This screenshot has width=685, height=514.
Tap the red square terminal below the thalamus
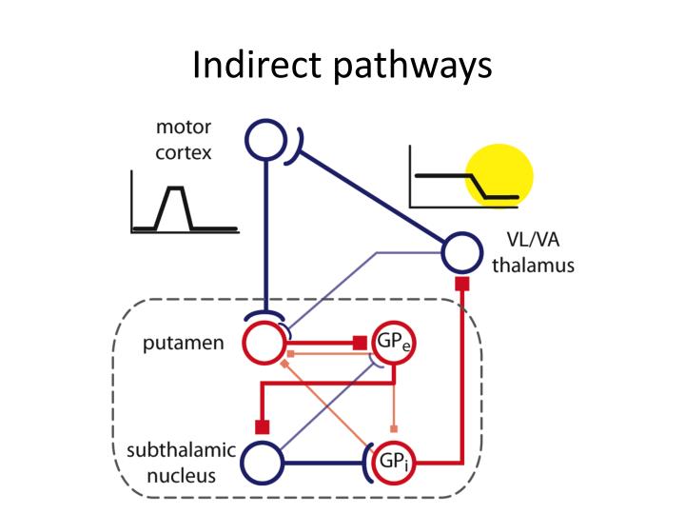[462, 284]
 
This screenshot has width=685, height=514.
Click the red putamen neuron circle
[264, 342]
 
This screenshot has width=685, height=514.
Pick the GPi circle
[391, 464]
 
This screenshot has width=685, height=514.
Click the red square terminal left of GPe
[361, 342]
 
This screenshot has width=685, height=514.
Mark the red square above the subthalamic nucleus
[263, 425]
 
